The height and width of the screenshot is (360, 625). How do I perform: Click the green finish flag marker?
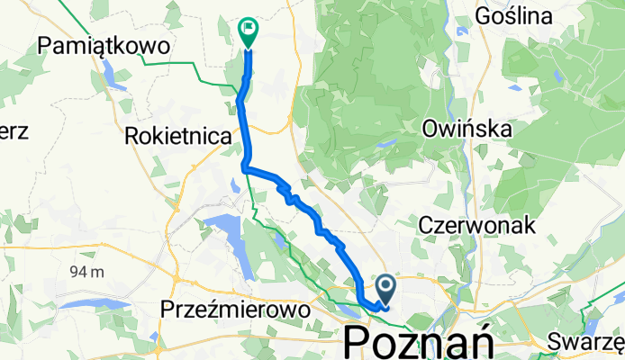tap(247, 31)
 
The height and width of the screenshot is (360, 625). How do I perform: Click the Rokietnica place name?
tap(176, 136)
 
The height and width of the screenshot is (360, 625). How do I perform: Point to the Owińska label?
tap(466, 130)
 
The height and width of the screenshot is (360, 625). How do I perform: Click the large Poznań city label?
tap(418, 342)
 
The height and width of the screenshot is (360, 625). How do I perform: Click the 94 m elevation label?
tap(86, 271)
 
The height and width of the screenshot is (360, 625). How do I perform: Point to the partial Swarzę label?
tap(586, 341)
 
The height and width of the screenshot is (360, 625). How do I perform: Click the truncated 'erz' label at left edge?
tap(14, 130)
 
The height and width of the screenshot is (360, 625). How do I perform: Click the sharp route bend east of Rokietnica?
tap(245, 167)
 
